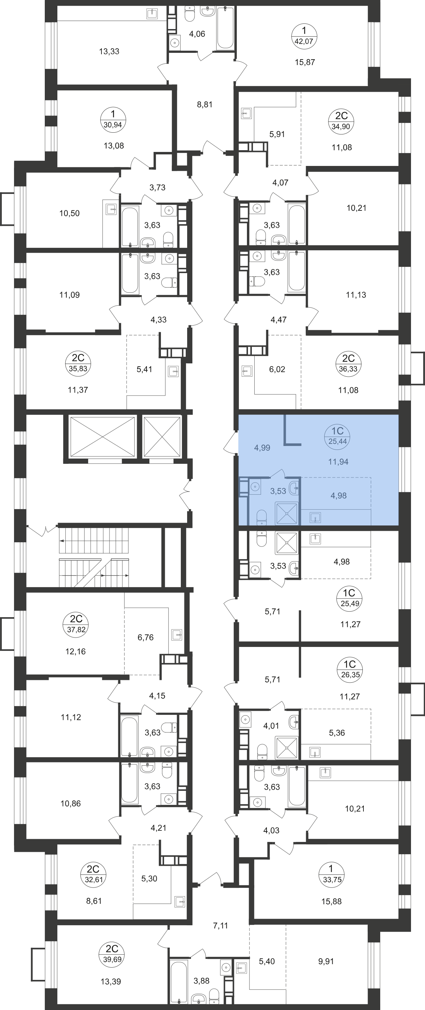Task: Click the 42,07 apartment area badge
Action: point(304,36)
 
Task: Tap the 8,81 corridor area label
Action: point(205,104)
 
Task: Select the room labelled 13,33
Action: point(109,51)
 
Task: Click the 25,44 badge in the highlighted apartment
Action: point(338,437)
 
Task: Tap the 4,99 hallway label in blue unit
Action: point(262,448)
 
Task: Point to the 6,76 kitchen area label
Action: point(145,638)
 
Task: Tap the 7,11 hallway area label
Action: point(220,926)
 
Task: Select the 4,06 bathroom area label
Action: point(197,34)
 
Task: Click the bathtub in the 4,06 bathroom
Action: point(225,27)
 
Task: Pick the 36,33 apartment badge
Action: point(348,364)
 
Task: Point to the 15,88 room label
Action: point(331,901)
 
